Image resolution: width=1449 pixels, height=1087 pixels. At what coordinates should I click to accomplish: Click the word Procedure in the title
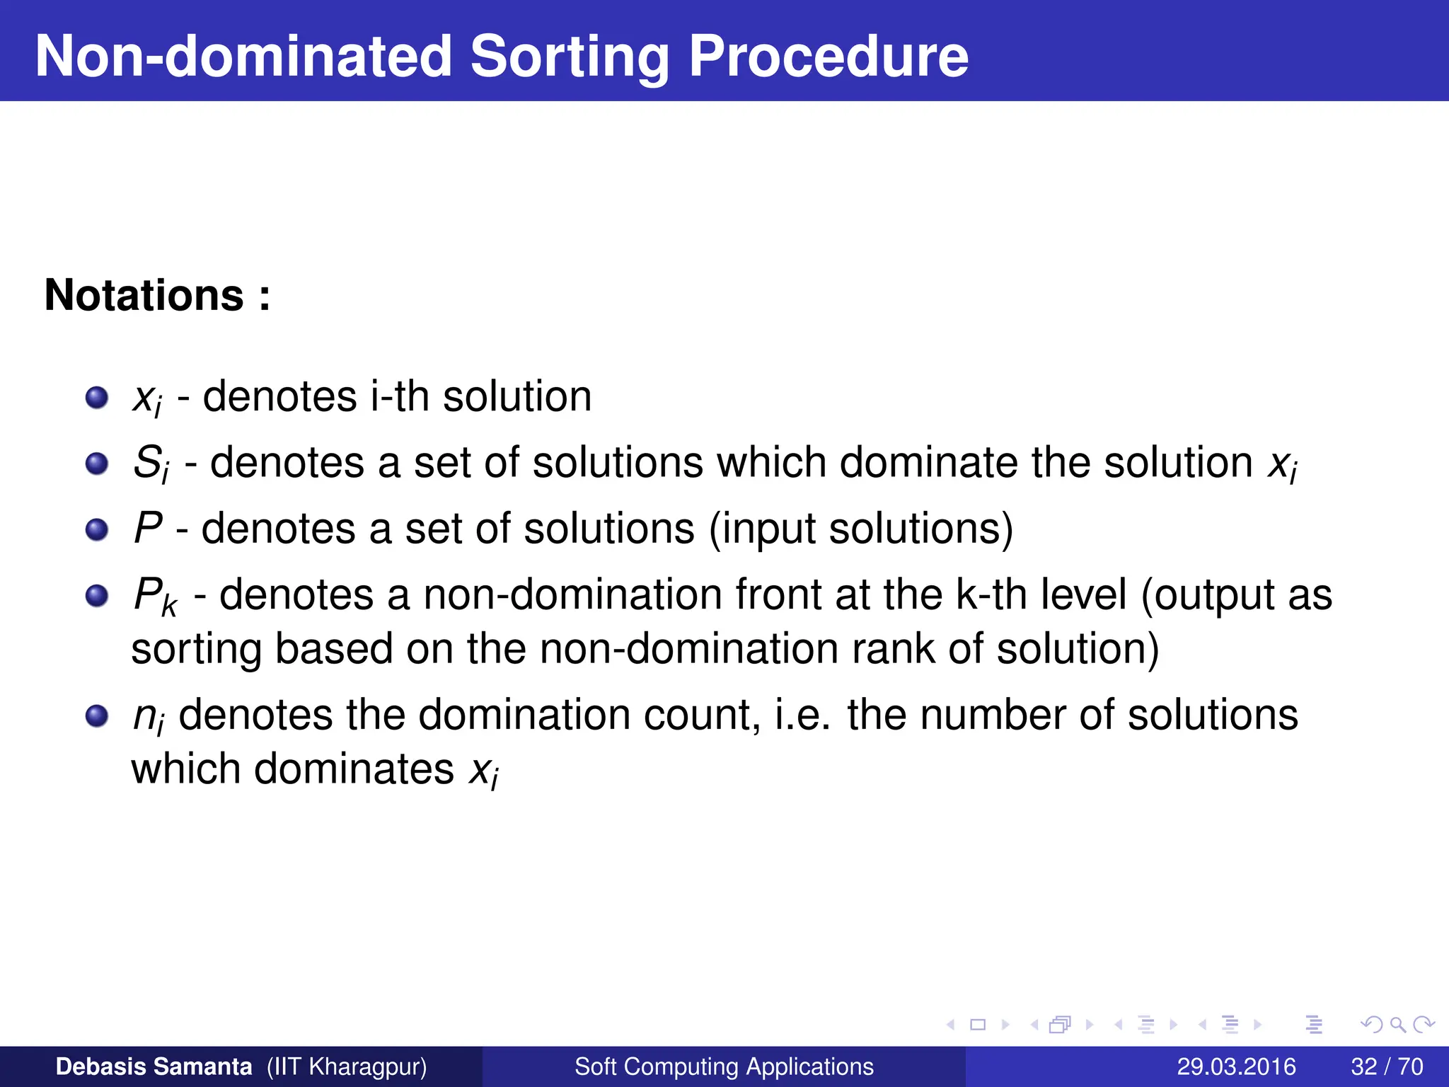tap(828, 57)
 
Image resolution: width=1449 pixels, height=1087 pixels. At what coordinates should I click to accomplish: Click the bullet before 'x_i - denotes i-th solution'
tap(97, 398)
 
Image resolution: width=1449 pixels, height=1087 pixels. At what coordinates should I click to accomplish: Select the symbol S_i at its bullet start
tap(151, 464)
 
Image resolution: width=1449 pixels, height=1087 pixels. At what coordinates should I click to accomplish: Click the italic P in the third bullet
tap(148, 528)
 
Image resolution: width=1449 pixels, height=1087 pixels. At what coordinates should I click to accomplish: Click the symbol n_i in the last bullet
tap(149, 716)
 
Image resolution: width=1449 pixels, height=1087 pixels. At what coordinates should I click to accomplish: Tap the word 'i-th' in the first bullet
tap(400, 396)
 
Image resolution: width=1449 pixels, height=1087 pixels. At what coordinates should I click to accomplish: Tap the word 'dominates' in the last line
tap(354, 769)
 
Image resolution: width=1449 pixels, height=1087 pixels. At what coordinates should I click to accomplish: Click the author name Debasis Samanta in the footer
tap(154, 1066)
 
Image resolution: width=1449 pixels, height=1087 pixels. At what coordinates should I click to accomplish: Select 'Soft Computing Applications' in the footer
tap(724, 1066)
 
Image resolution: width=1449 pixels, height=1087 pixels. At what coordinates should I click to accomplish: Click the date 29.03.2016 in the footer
tap(1236, 1066)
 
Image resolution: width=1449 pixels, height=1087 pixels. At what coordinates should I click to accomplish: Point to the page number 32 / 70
tap(1387, 1066)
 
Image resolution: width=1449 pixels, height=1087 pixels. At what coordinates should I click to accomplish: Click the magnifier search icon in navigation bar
tap(1397, 1025)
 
